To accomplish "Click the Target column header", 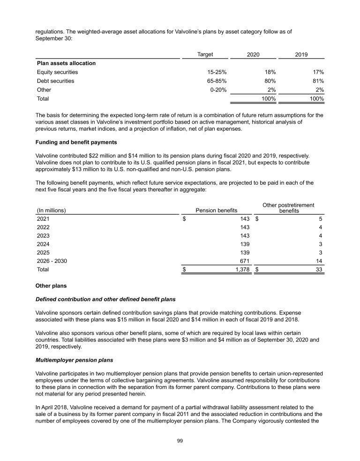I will tap(205, 54).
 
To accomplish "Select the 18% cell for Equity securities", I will tap(269, 72).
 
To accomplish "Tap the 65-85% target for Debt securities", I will tap(217, 81).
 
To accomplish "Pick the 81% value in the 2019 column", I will tap(317, 81).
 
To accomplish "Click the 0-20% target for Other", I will tap(218, 90).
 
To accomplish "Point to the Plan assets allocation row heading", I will tap(66, 63).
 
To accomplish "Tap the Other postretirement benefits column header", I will tap(289, 208).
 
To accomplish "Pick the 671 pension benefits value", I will tap(244, 261).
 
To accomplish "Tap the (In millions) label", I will tap(52, 210).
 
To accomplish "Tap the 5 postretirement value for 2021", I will tap(322, 218).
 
